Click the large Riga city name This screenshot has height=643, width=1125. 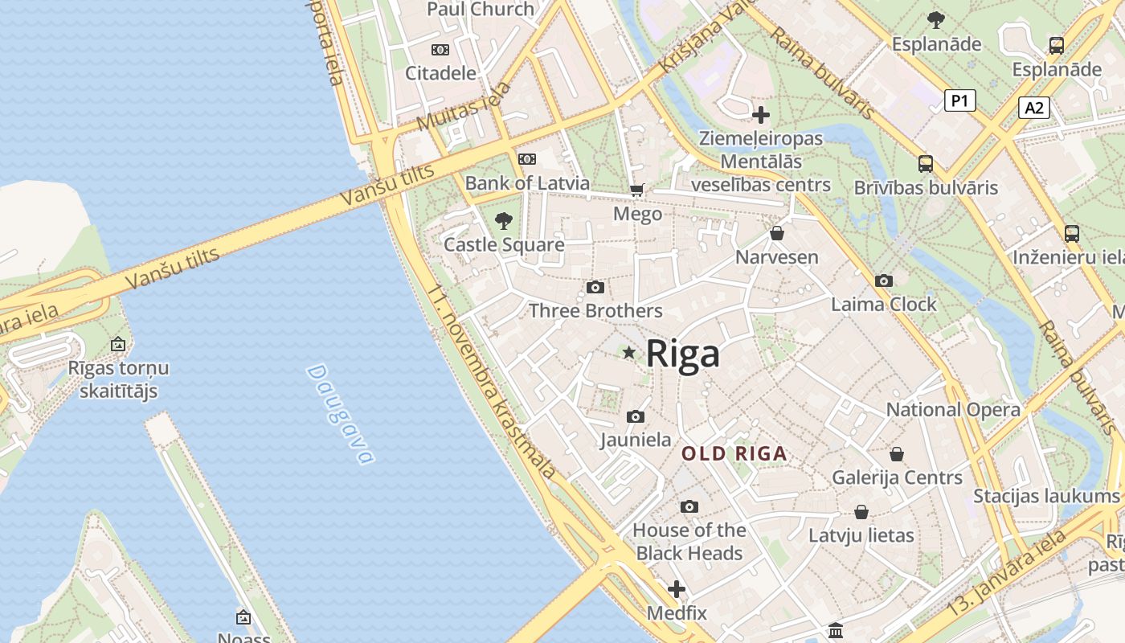(682, 353)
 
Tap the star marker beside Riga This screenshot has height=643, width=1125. (629, 352)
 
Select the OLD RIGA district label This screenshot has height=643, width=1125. (734, 453)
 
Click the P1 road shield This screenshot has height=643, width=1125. (959, 100)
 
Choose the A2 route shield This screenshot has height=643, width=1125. (1034, 108)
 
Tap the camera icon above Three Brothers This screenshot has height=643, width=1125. (595, 287)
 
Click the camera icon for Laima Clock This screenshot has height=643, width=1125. (884, 281)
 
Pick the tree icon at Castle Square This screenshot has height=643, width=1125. (504, 220)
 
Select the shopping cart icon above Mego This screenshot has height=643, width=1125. (637, 190)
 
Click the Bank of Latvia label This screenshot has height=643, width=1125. (527, 182)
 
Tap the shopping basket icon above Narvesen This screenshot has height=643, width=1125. (777, 234)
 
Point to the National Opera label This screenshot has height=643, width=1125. (953, 409)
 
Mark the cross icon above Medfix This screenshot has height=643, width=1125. (677, 589)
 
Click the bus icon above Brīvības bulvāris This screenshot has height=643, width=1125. (926, 164)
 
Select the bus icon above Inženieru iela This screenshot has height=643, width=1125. (1072, 234)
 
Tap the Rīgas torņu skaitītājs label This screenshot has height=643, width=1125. (118, 379)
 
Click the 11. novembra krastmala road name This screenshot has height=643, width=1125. (491, 382)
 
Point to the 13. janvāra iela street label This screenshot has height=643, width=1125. (1009, 571)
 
